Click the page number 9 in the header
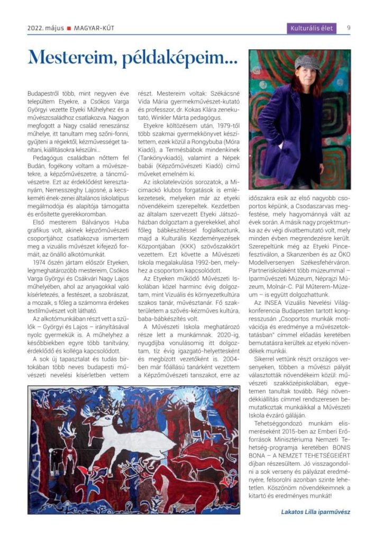coord(349,28)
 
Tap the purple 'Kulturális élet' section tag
coord(312,28)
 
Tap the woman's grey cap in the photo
coord(306,61)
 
